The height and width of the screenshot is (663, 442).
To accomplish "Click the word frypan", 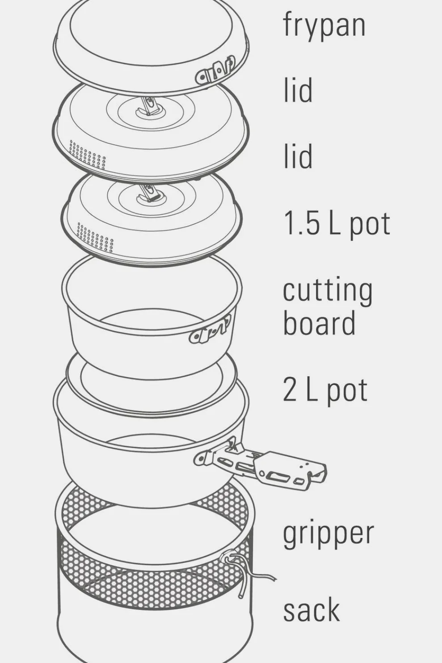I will coord(324,25).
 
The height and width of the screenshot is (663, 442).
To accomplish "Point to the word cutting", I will coord(328,291).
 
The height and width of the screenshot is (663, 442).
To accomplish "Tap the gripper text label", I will coord(328,533).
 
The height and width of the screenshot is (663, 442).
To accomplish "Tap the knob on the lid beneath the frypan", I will coord(149,108).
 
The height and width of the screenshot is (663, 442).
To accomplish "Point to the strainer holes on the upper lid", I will coord(88,155).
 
